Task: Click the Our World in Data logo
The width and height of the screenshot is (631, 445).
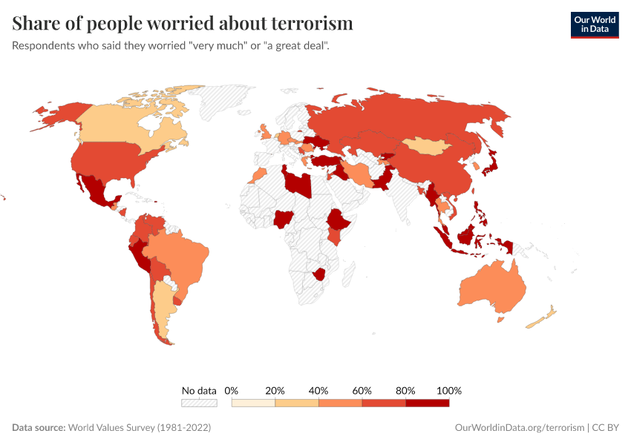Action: click(x=594, y=24)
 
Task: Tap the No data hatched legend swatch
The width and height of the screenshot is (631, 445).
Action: click(x=199, y=403)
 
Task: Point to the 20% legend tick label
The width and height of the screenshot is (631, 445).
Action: click(x=275, y=390)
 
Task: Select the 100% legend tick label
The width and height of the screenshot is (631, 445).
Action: click(x=449, y=390)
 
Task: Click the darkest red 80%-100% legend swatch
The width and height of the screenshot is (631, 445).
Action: click(x=428, y=403)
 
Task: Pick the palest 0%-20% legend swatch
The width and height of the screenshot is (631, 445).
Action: click(x=253, y=403)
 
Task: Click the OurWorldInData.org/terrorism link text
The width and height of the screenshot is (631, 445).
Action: click(x=518, y=428)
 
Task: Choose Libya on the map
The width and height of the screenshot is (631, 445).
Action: click(x=298, y=181)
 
